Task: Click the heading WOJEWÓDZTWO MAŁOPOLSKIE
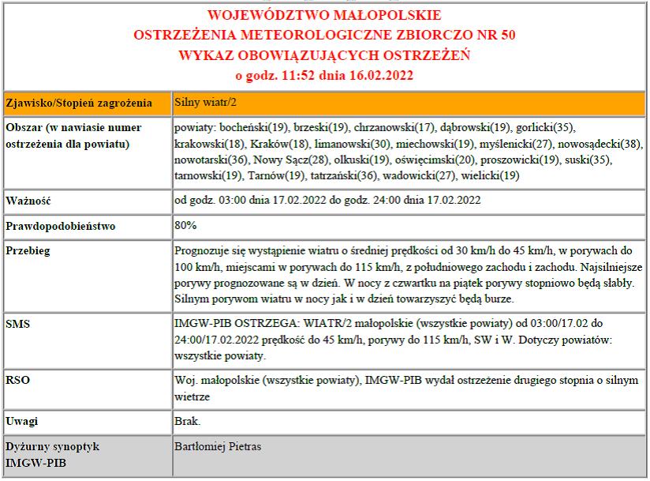pos(324,15)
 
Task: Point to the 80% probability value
pos(185,225)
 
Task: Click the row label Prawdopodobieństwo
pos(60,226)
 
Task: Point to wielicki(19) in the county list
pos(489,175)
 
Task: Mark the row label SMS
pos(17,324)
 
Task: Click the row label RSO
pos(17,381)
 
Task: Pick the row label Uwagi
pos(22,421)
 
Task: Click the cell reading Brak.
pos(187,421)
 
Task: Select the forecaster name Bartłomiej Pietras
pos(217,446)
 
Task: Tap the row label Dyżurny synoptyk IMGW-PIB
pos(54,454)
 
